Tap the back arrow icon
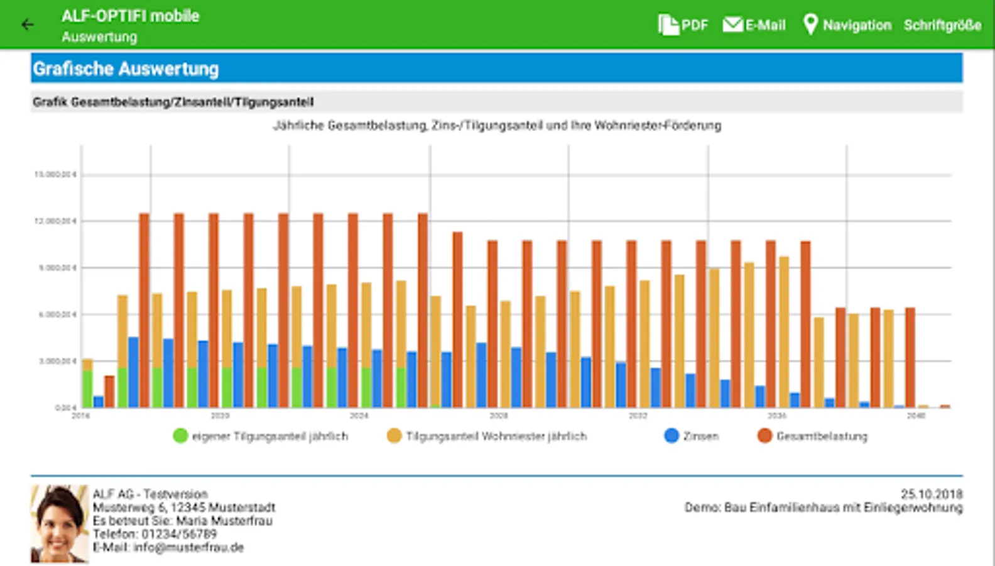(x=27, y=25)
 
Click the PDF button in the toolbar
(x=683, y=25)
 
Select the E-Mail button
(x=754, y=25)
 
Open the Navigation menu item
(x=847, y=25)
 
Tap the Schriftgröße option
(x=942, y=25)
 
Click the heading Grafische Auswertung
(x=126, y=69)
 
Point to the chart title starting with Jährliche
(x=497, y=126)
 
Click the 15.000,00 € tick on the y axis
(x=55, y=174)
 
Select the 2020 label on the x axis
(x=220, y=416)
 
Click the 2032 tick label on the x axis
(x=638, y=416)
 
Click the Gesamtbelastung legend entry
(x=813, y=436)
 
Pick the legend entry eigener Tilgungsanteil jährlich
(x=261, y=436)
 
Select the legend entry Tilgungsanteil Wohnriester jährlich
(x=487, y=436)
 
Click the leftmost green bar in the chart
(x=87, y=390)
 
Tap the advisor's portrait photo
(x=60, y=523)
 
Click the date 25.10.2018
(x=932, y=494)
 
